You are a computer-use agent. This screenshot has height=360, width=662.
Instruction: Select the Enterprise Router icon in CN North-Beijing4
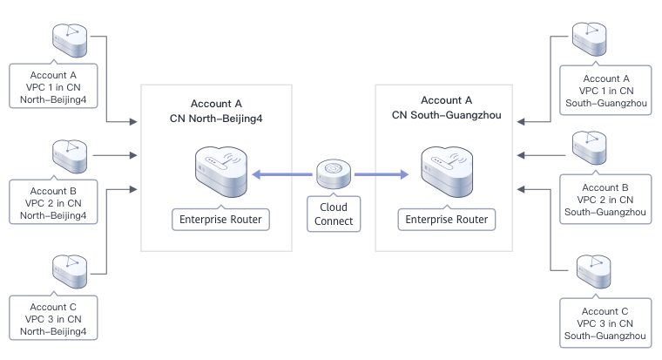220,171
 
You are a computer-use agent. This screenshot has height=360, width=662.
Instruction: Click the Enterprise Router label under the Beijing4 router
220,219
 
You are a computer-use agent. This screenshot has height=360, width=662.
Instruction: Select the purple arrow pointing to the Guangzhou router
381,174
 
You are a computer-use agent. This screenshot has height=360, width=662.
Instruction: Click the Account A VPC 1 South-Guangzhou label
605,90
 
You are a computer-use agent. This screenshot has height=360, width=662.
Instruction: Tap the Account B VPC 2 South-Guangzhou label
605,200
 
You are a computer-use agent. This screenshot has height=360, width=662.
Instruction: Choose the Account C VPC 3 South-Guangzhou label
605,323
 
